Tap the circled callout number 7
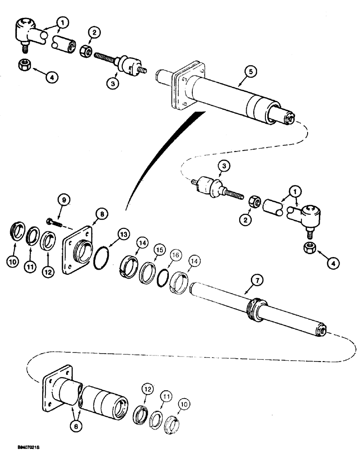[257, 280]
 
